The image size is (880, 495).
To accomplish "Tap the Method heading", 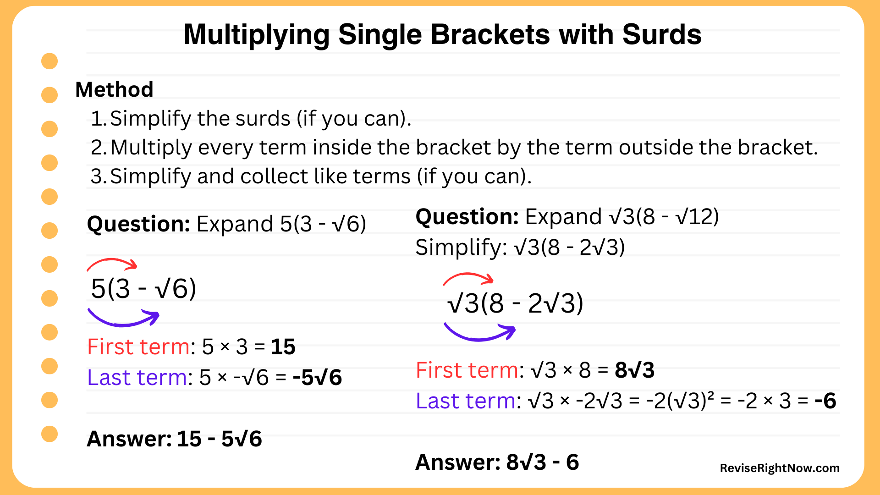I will click(x=114, y=89).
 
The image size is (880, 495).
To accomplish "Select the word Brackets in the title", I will click(x=490, y=35).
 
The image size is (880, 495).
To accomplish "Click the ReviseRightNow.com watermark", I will click(x=779, y=468).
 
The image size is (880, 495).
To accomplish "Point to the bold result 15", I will click(x=283, y=347).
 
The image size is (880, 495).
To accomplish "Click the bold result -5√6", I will click(x=317, y=378).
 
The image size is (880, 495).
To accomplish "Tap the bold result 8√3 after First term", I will click(x=634, y=370).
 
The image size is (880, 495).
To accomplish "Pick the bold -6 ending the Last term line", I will click(x=825, y=401).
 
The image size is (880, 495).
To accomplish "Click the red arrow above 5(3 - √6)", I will click(x=112, y=264).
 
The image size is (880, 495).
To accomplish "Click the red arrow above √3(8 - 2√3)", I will click(x=468, y=278).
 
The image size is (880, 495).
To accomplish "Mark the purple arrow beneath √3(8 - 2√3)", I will click(x=479, y=333).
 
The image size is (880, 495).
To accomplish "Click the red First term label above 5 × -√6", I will click(x=138, y=347).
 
